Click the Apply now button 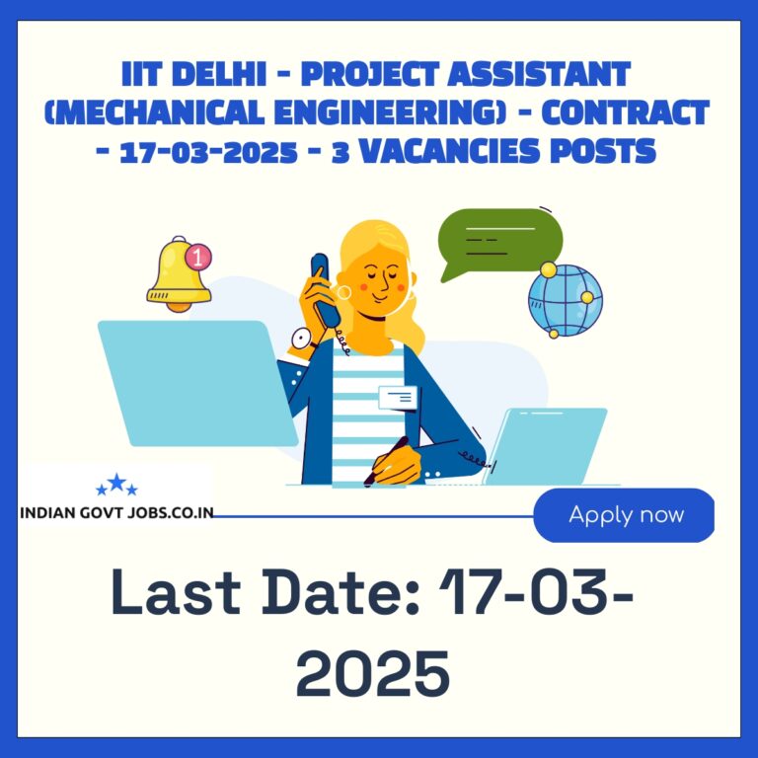pyautogui.click(x=624, y=515)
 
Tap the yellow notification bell pyautogui.click(x=178, y=275)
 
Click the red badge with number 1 pyautogui.click(x=198, y=257)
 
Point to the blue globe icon pyautogui.click(x=566, y=300)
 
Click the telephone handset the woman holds pyautogui.click(x=325, y=289)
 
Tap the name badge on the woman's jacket pyautogui.click(x=398, y=398)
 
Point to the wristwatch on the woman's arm pyautogui.click(x=303, y=339)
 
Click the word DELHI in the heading pyautogui.click(x=219, y=74)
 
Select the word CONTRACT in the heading pyautogui.click(x=625, y=113)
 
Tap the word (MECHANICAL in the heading pyautogui.click(x=154, y=113)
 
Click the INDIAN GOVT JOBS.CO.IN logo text pyautogui.click(x=116, y=512)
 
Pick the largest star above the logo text pyautogui.click(x=116, y=482)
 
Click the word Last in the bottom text pyautogui.click(x=176, y=592)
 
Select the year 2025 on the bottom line pyautogui.click(x=373, y=673)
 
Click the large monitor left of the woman pyautogui.click(x=197, y=383)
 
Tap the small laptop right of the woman pyautogui.click(x=545, y=446)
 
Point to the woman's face pyautogui.click(x=380, y=283)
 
